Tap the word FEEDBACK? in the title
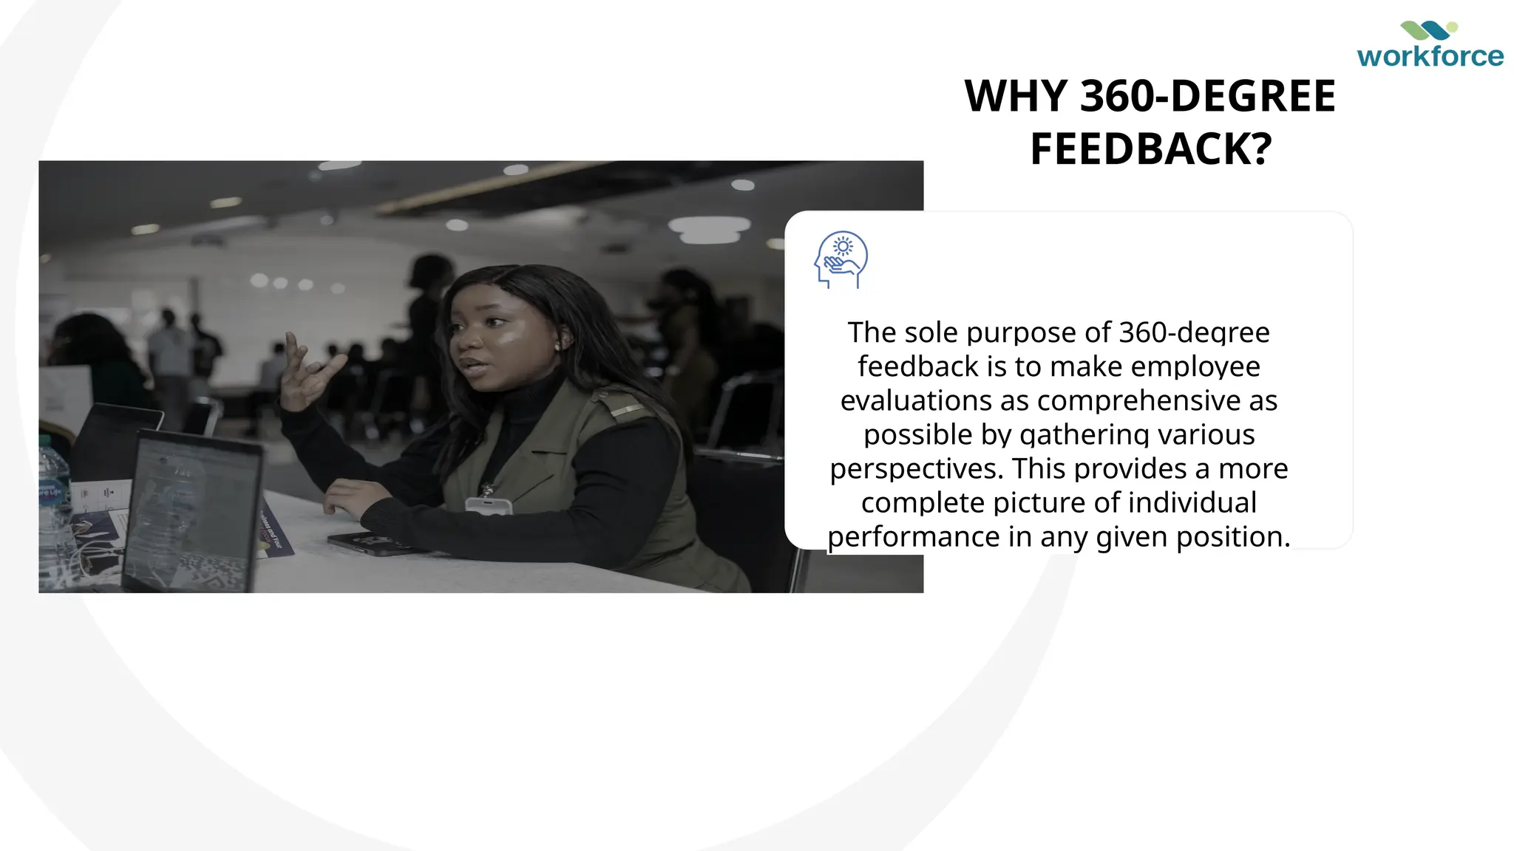(1151, 149)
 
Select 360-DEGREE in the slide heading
(1208, 96)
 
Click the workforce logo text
(1430, 56)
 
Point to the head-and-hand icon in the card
(841, 259)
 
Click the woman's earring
(557, 346)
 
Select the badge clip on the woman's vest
(488, 505)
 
